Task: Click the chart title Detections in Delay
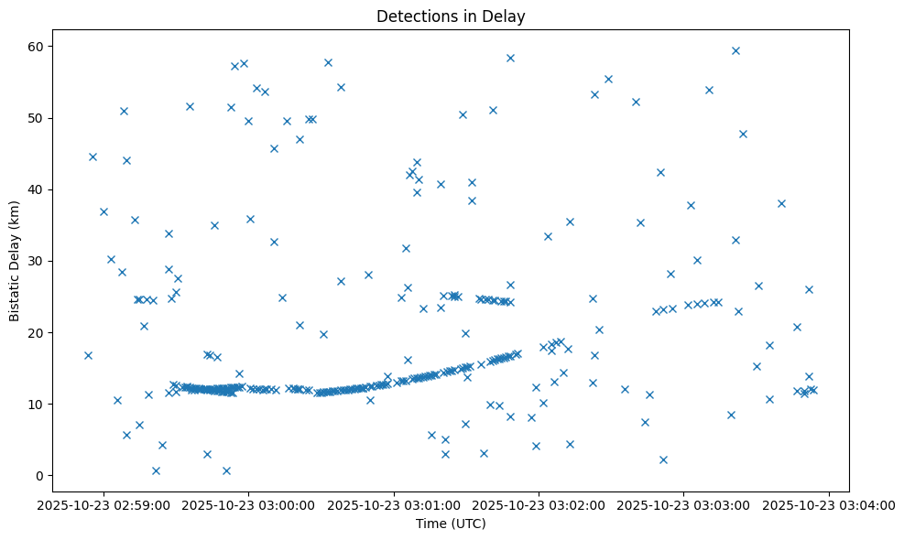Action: [450, 16]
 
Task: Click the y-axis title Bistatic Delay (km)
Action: [15, 261]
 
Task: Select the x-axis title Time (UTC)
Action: [450, 524]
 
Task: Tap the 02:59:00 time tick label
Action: [103, 503]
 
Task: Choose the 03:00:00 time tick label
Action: [249, 503]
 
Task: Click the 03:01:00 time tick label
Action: [395, 503]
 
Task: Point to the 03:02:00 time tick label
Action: [539, 503]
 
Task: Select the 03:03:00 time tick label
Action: [685, 503]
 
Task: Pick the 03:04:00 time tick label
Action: [830, 503]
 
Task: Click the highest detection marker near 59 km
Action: [735, 50]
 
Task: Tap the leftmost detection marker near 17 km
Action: [88, 355]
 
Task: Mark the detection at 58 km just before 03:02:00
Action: [510, 58]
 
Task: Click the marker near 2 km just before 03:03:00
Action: [663, 459]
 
